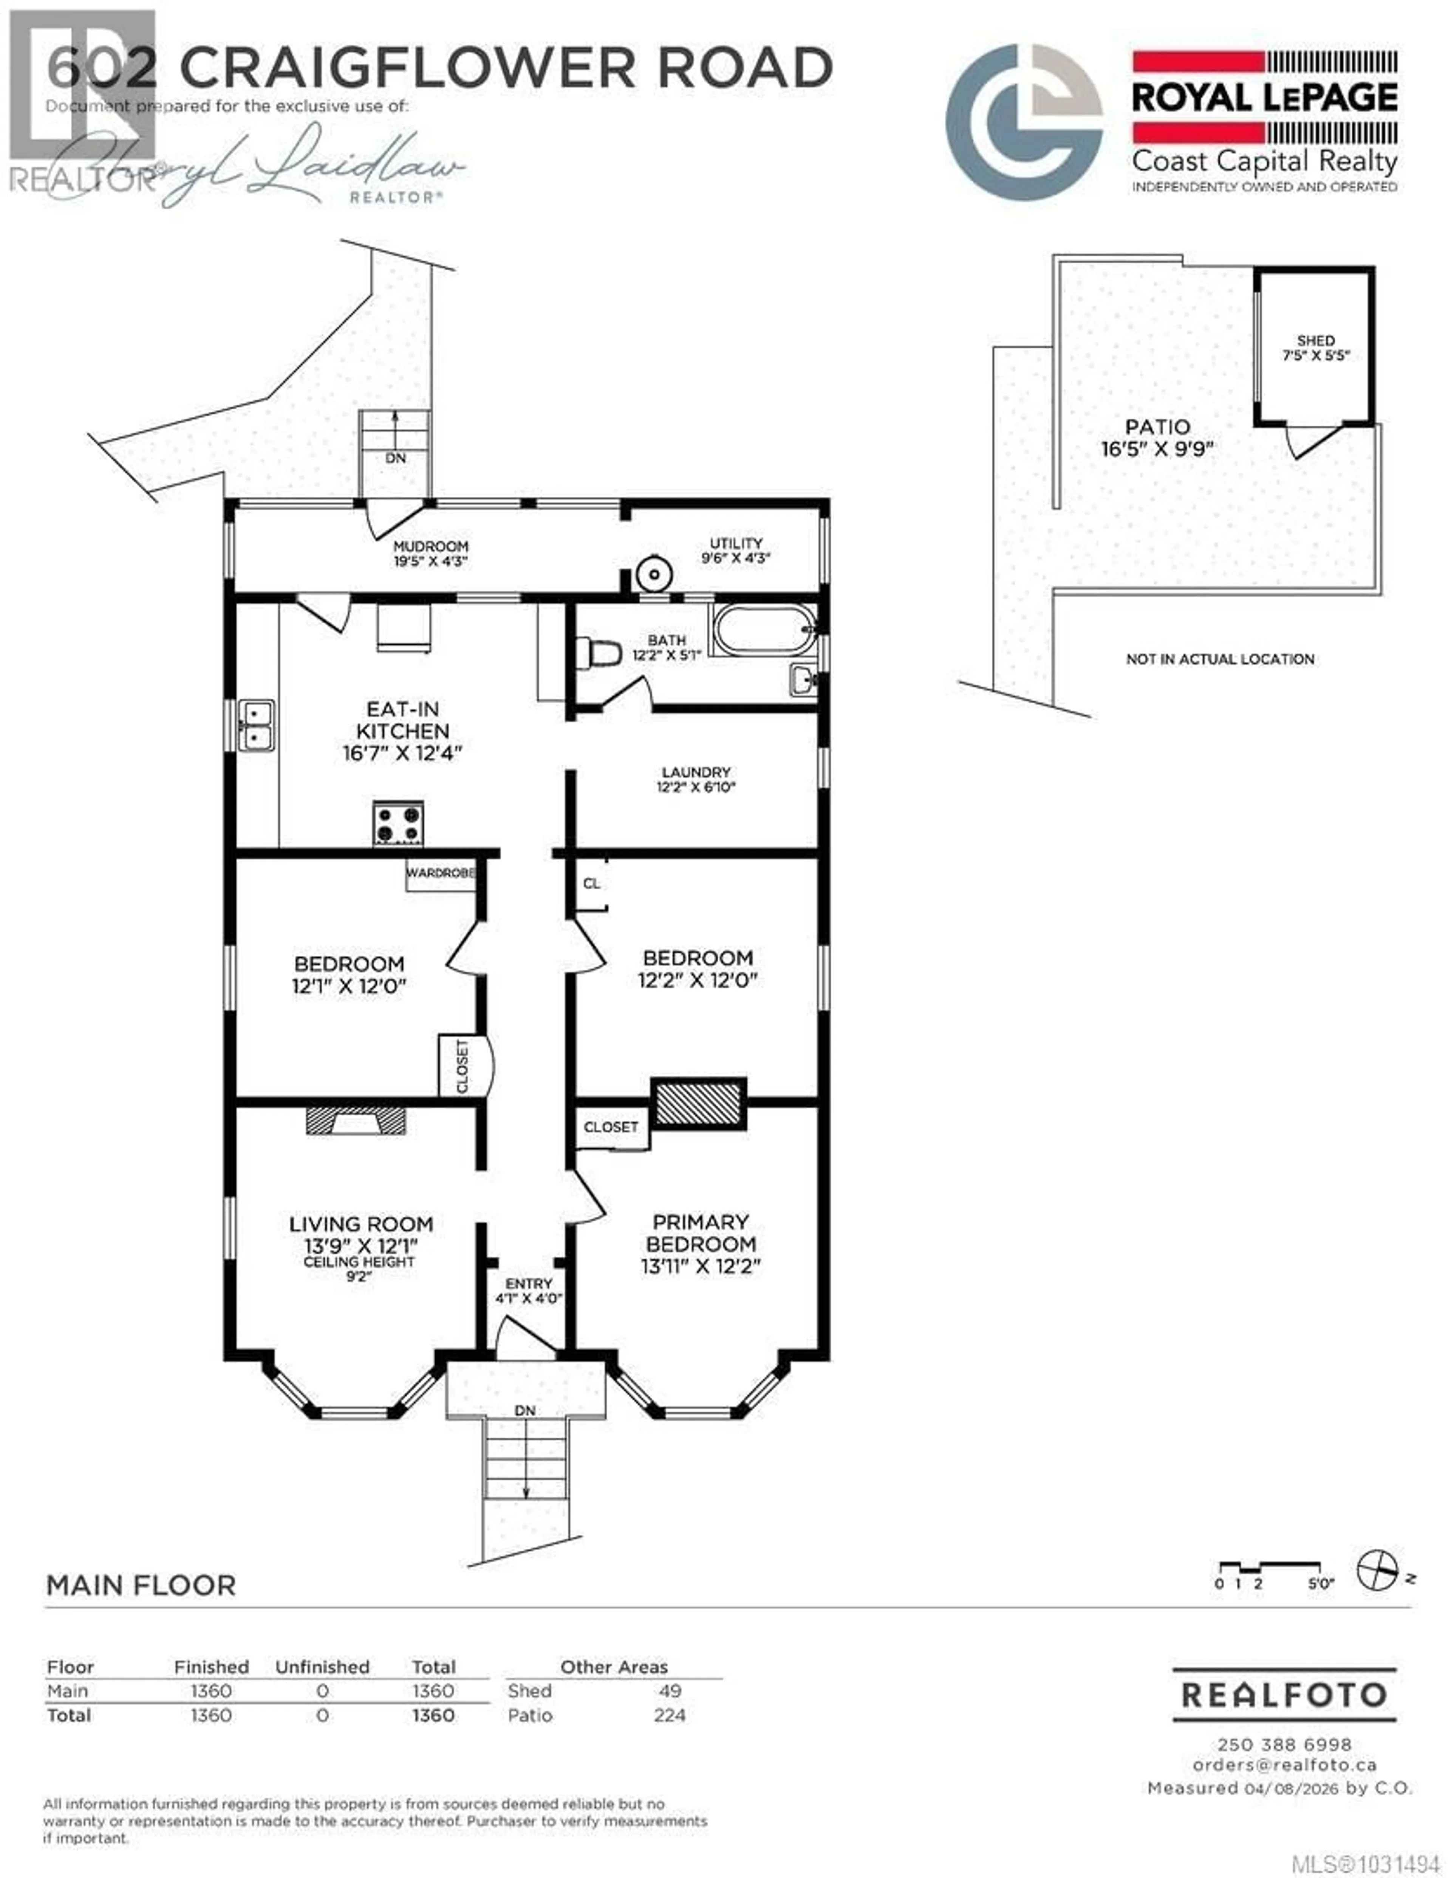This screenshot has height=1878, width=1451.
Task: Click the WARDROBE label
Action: tap(440, 873)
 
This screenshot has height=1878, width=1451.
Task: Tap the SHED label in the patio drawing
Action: tap(1315, 341)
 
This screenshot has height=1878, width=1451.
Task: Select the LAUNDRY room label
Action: tap(696, 772)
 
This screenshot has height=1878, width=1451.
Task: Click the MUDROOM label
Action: tap(431, 546)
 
